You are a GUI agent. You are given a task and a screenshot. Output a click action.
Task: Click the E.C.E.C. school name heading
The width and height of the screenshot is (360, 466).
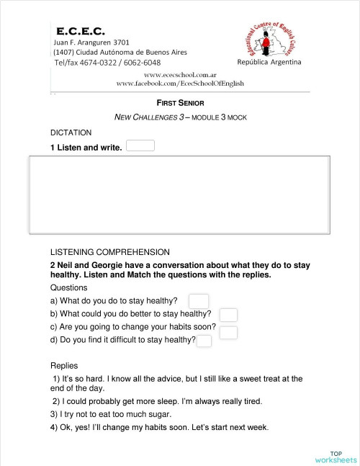(81, 31)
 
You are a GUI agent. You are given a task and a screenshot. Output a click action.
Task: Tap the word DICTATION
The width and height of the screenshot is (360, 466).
(71, 133)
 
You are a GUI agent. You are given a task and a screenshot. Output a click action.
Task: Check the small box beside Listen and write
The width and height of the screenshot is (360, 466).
(140, 146)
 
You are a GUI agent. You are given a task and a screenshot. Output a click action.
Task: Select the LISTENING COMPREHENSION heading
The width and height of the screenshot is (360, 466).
(109, 252)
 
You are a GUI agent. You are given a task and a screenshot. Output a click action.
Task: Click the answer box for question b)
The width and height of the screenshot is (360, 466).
(228, 315)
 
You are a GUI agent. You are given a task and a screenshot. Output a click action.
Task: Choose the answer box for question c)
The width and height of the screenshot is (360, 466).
(228, 331)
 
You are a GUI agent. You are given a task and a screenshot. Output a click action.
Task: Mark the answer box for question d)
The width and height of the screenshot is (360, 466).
(204, 341)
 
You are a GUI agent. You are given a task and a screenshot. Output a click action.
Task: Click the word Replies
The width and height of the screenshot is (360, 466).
(64, 365)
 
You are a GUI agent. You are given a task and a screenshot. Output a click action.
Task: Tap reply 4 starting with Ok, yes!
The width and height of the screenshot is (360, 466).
(159, 427)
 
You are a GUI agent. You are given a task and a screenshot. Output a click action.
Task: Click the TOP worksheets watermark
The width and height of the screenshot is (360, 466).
(335, 456)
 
